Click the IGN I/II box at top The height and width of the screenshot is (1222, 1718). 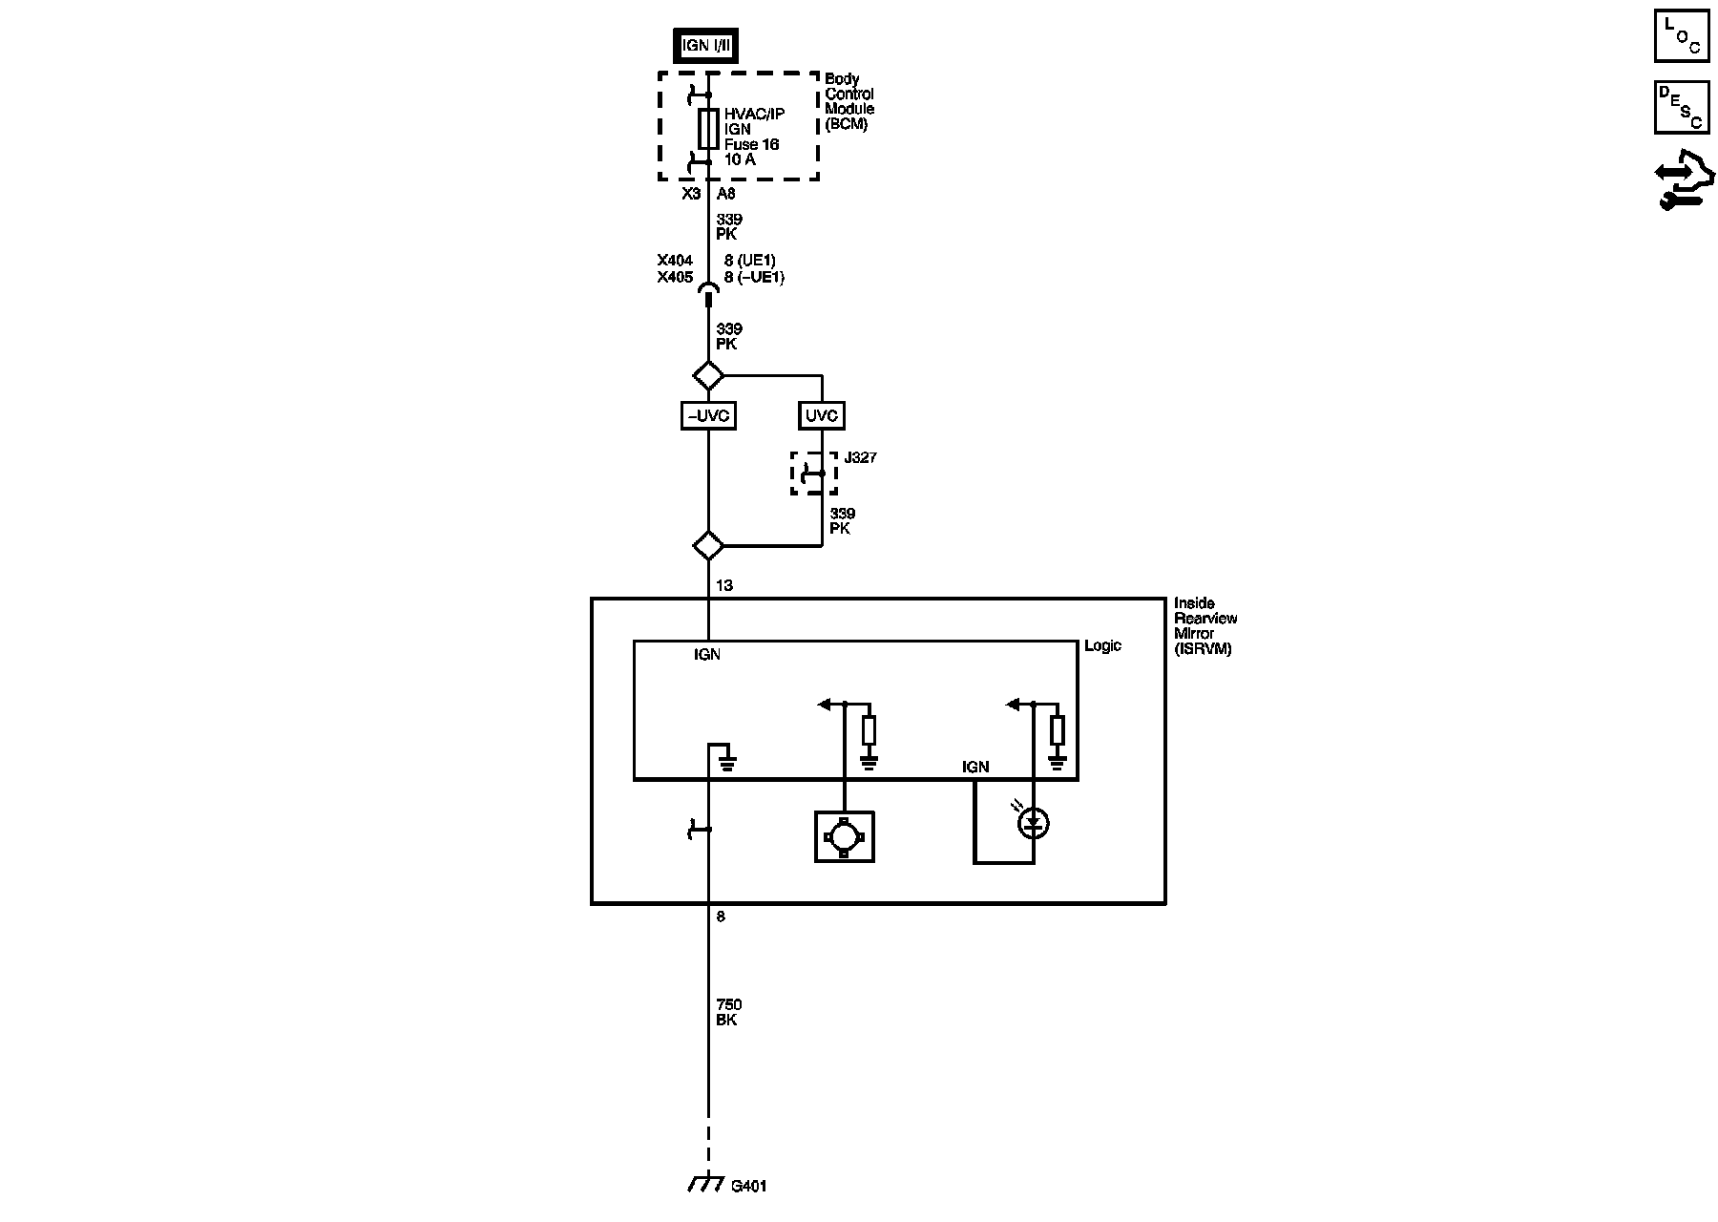[x=706, y=46]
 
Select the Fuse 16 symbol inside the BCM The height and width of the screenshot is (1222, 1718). [x=708, y=129]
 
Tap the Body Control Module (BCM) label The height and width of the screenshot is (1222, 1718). [x=849, y=102]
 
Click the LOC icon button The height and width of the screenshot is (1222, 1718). [x=1682, y=36]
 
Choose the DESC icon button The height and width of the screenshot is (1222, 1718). [x=1682, y=107]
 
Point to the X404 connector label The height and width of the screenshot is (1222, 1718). [x=675, y=261]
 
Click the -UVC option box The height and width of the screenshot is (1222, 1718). [x=708, y=416]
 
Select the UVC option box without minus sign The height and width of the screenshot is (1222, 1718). [x=822, y=416]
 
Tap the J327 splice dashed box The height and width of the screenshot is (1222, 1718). [x=813, y=473]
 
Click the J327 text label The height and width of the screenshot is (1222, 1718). [x=861, y=458]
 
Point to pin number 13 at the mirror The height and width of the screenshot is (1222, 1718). [x=724, y=585]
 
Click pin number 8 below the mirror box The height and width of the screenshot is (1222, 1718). [x=721, y=916]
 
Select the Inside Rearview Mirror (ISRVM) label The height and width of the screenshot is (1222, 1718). [x=1205, y=626]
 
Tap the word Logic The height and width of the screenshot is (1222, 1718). [x=1102, y=646]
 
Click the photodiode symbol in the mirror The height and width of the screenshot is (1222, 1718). [x=1034, y=823]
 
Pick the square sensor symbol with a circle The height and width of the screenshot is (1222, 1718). [x=845, y=836]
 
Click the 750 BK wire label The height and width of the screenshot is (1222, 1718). [x=728, y=1012]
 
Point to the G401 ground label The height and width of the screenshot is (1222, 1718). [x=749, y=1187]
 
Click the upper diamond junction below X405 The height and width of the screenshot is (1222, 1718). [x=708, y=375]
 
